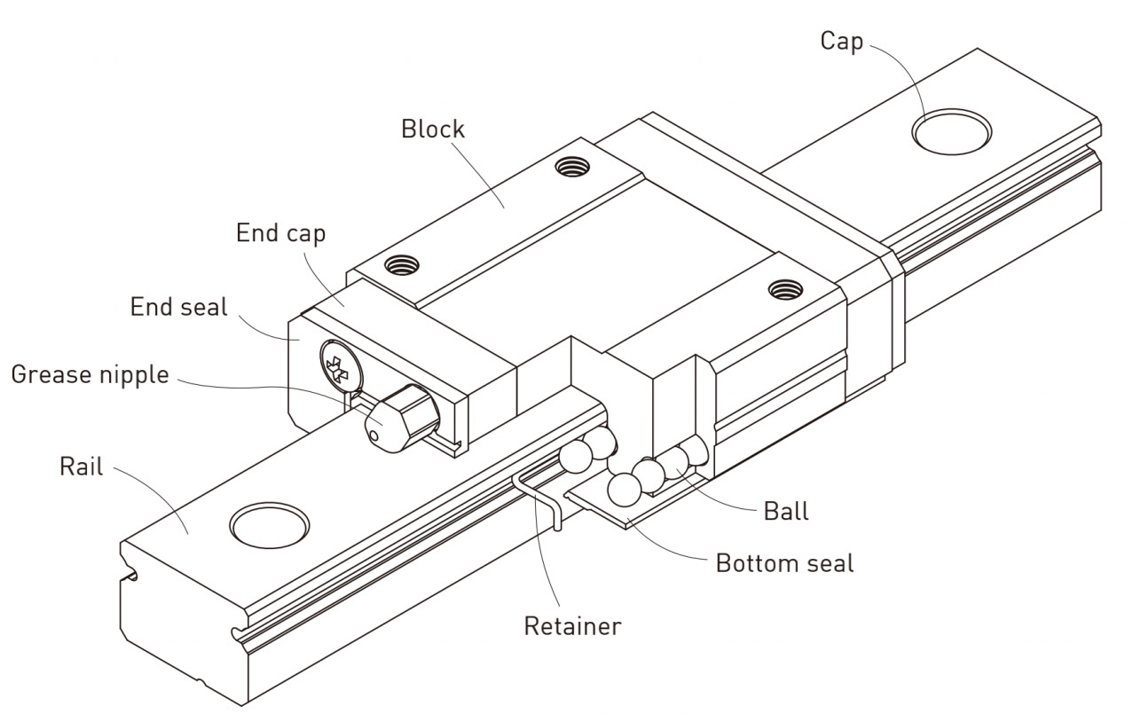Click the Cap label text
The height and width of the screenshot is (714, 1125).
pyautogui.click(x=841, y=42)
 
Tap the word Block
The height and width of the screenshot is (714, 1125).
pyautogui.click(x=432, y=129)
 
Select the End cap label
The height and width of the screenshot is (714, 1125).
pyautogui.click(x=280, y=233)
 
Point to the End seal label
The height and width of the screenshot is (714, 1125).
pyautogui.click(x=178, y=308)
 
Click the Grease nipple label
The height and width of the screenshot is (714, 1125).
pyautogui.click(x=90, y=374)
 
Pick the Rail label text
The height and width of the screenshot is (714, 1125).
pyautogui.click(x=82, y=467)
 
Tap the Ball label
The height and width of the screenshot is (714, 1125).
pyautogui.click(x=785, y=511)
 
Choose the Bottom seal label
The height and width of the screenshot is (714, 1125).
pyautogui.click(x=784, y=563)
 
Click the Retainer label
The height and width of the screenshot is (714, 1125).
pyautogui.click(x=572, y=625)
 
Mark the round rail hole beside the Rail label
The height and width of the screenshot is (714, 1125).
pyautogui.click(x=270, y=525)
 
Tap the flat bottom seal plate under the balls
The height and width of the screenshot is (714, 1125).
pyautogui.click(x=612, y=512)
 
